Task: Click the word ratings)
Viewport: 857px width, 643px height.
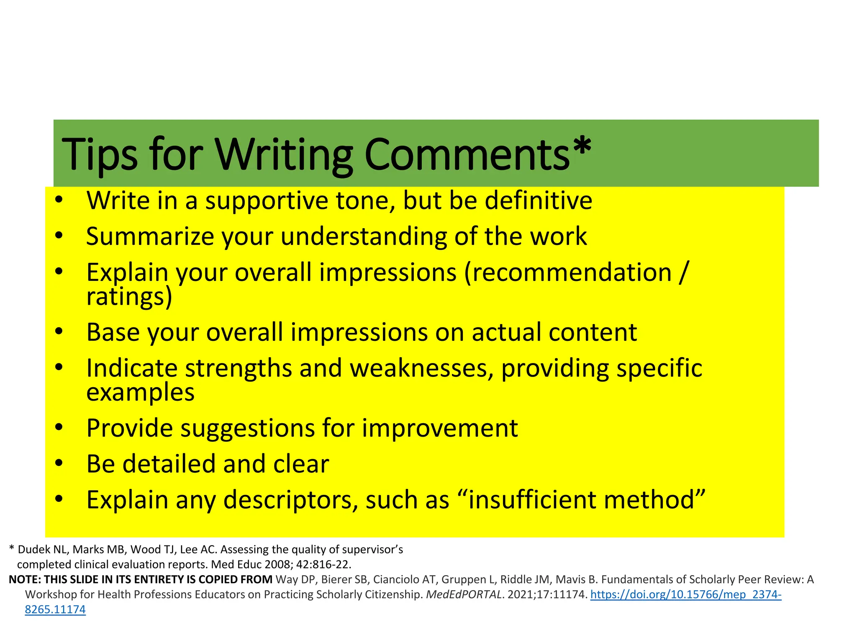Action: (129, 297)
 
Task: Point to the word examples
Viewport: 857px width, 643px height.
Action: (140, 393)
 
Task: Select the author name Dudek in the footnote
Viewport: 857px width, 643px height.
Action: (34, 550)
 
